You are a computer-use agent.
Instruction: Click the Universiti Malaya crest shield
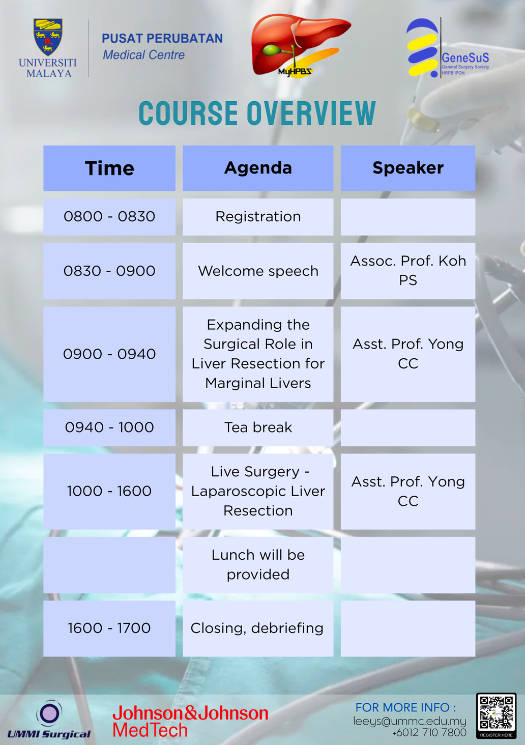(48, 37)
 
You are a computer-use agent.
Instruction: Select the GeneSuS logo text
(465, 58)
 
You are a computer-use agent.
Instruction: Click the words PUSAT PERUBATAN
(162, 39)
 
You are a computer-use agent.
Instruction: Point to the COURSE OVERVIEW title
(257, 113)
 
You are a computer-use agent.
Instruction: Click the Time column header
(109, 168)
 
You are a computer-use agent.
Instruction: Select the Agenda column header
(258, 168)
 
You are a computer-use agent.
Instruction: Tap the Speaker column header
(408, 168)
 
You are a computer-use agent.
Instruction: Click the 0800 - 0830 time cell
(109, 217)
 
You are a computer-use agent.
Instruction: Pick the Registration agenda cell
(258, 217)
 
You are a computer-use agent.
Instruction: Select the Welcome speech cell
(258, 271)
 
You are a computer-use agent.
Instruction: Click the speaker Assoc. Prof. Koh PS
(408, 271)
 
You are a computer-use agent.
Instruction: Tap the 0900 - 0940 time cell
(109, 354)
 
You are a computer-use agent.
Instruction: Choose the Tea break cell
(258, 427)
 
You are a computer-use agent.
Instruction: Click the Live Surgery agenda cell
(258, 491)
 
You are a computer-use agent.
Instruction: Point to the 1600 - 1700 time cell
(109, 628)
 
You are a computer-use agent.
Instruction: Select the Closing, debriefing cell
(257, 628)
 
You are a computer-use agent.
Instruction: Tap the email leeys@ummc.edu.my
(410, 721)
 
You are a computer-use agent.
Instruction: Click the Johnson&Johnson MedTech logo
(190, 721)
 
